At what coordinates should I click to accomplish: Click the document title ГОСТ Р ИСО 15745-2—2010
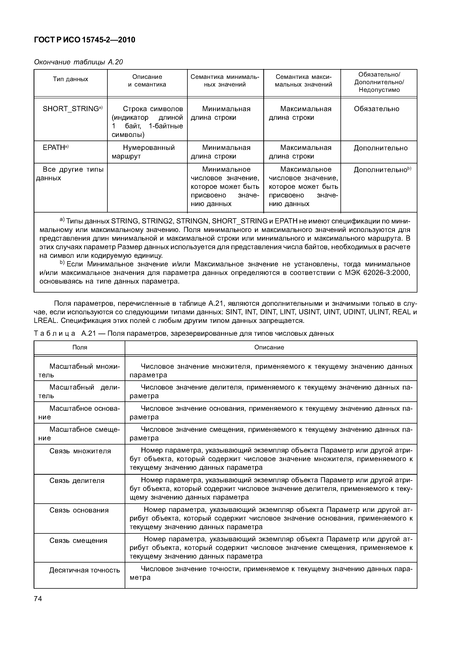coord(85,40)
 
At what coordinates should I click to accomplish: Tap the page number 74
coord(38,599)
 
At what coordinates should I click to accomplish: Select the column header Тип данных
coord(70,79)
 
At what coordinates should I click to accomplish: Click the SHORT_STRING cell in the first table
coord(72,109)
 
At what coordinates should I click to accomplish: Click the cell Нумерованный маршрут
coord(143,152)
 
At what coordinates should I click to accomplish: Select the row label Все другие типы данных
coord(70,174)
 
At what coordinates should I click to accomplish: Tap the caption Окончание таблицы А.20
coord(78,62)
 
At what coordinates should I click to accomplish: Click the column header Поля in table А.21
coord(80,347)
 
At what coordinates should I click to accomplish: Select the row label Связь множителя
coord(80,451)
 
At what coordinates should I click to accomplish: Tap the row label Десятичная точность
coord(85,570)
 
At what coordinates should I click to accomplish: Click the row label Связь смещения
coord(78,541)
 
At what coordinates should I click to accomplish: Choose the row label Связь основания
coord(79,510)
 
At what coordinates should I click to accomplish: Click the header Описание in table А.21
coord(269,347)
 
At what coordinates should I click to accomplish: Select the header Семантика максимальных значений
coord(303,81)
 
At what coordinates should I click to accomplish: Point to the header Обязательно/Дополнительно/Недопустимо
coord(379,82)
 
